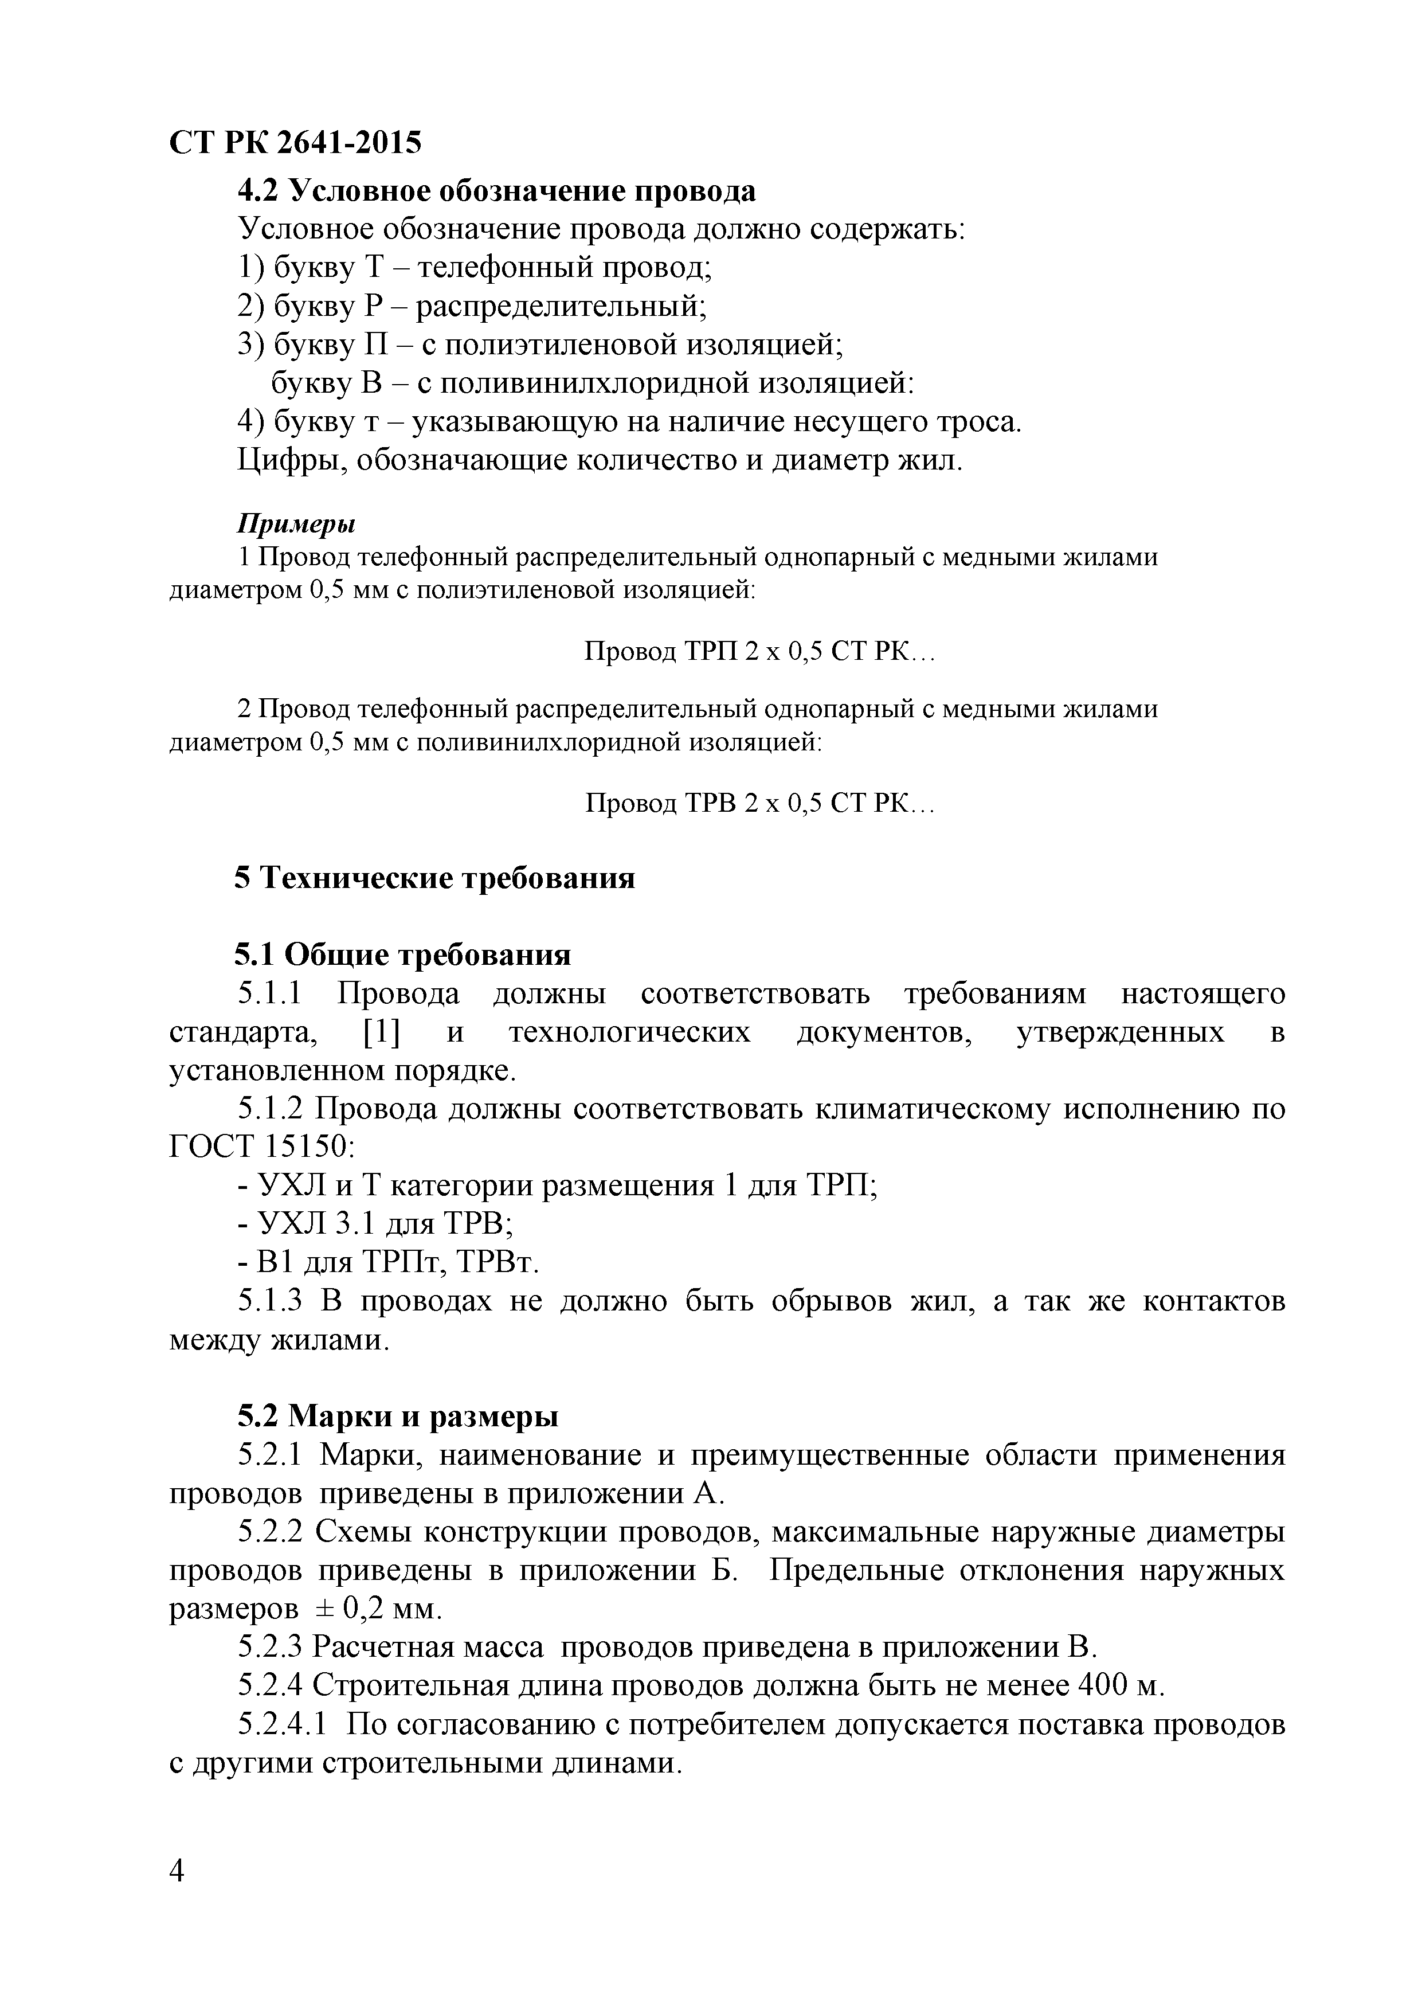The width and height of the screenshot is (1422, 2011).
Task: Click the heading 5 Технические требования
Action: (x=434, y=877)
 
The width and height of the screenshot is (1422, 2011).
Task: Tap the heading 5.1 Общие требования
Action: (x=403, y=954)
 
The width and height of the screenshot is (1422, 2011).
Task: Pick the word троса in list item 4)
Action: (x=978, y=422)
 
